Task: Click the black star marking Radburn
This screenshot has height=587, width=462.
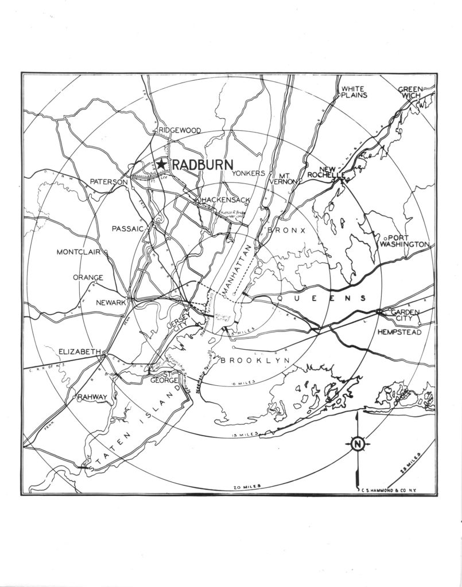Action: coord(162,165)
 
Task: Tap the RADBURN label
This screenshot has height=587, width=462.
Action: coord(200,165)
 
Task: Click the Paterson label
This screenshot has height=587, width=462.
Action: coord(108,182)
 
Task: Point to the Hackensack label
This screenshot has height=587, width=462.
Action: coord(225,200)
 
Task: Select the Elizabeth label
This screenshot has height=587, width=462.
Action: coord(80,351)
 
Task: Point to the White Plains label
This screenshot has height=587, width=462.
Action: coord(355,92)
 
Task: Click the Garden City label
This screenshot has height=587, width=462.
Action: coord(405,315)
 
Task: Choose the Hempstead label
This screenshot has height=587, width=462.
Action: coord(399,332)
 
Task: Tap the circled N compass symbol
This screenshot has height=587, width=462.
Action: coord(357,444)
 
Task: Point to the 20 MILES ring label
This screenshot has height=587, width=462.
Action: coord(247,486)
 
